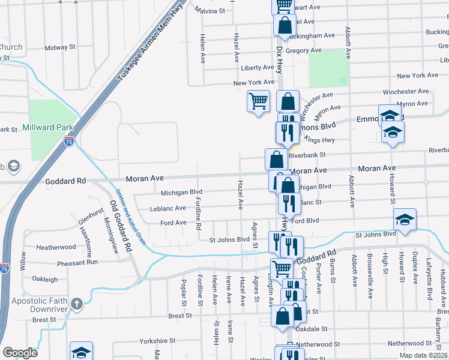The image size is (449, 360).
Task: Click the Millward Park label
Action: point(47,127)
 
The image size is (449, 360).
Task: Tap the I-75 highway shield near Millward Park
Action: point(69,142)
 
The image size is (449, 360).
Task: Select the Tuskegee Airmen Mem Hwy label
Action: point(142,41)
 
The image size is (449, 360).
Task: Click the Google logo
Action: point(20,353)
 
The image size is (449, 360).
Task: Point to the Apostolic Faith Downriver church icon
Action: point(76,304)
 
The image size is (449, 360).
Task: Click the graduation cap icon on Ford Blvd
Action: point(405,219)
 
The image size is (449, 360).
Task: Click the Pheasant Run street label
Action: point(77,263)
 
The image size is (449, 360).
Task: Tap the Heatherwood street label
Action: point(56,247)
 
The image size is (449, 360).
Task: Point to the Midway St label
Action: point(60,47)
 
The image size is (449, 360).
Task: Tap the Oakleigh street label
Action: point(45,279)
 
